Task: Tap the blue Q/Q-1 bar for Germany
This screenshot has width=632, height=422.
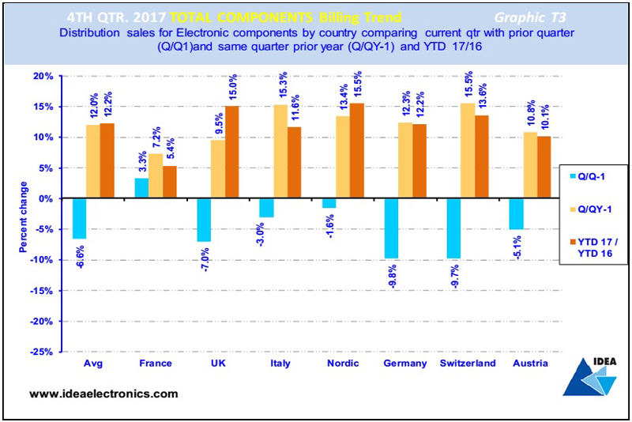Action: point(391,228)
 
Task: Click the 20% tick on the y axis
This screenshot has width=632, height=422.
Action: point(43,76)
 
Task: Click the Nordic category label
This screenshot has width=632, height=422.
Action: point(342,364)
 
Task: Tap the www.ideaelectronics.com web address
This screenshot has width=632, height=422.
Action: point(103,394)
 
